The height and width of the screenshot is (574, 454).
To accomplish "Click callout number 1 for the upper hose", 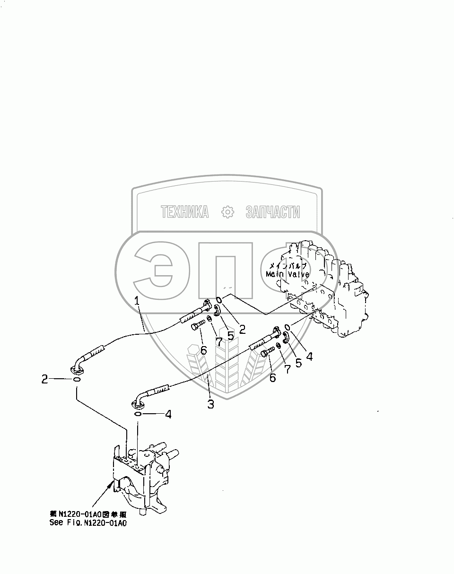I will (136, 301).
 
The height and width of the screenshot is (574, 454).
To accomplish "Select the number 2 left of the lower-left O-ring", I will (45, 379).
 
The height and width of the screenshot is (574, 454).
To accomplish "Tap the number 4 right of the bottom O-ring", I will (167, 415).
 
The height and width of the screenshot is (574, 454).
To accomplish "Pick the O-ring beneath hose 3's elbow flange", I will (138, 415).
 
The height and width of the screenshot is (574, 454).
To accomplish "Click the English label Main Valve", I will (287, 274).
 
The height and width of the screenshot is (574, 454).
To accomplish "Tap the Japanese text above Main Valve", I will (287, 266).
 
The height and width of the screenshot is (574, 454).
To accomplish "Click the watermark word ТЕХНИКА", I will (184, 212).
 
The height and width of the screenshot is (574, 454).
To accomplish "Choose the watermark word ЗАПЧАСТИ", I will (272, 212).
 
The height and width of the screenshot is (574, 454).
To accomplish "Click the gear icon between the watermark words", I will (228, 212).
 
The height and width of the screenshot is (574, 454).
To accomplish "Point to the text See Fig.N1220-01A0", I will (88, 523).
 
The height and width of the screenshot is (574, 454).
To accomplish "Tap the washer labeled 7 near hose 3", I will (279, 347).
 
